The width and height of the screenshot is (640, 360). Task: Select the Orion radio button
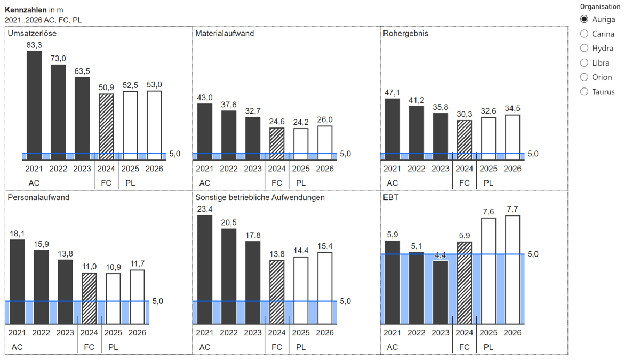(585, 77)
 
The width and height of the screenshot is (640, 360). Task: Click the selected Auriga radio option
(585, 19)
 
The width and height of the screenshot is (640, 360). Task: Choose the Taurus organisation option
(585, 92)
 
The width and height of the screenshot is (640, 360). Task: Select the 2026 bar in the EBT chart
(513, 269)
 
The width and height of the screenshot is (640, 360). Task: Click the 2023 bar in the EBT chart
(441, 292)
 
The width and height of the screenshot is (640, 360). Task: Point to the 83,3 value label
(34, 45)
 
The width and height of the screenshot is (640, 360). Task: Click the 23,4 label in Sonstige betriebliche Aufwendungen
(205, 209)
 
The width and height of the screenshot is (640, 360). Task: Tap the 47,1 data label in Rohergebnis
(393, 93)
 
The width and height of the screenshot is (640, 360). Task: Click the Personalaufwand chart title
(38, 197)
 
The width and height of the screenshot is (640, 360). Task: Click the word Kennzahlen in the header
(26, 10)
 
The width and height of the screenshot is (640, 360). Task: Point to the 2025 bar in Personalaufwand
(113, 299)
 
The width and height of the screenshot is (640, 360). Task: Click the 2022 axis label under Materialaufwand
(229, 169)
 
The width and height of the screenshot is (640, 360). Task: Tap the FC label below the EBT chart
(465, 347)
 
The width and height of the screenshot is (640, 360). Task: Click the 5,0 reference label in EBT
(533, 254)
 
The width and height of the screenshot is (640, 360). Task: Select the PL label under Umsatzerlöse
(130, 183)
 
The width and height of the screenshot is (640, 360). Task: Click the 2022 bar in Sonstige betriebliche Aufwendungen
(229, 276)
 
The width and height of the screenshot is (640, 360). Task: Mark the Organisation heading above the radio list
(601, 7)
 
